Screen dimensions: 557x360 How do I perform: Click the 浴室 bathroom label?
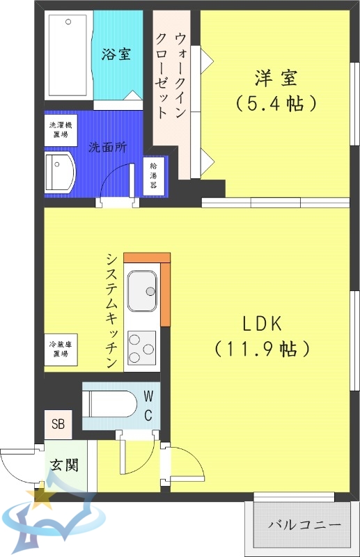coord(116,54)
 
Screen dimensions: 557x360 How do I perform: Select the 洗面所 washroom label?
coord(107,148)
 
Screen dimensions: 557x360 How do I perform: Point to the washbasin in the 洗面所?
coord(61,172)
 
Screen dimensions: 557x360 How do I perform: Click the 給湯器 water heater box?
coord(153,178)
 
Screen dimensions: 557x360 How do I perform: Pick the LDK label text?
coord(261,323)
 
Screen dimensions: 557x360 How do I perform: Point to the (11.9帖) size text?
coord(261,348)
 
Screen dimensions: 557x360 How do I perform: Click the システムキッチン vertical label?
coord(111,310)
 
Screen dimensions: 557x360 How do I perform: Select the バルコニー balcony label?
coord(304,524)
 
